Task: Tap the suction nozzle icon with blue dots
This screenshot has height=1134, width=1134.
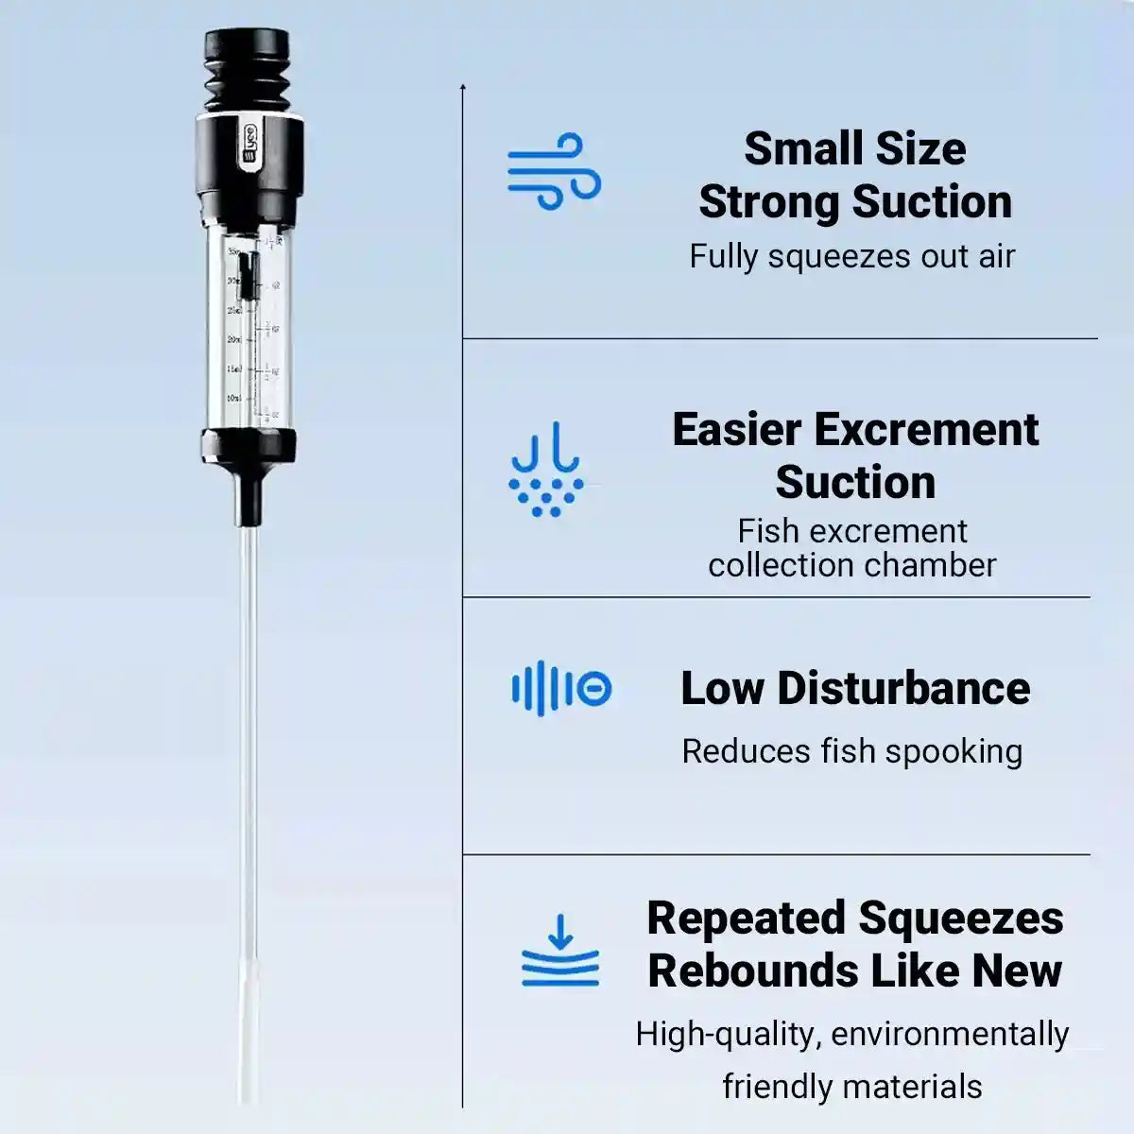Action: pos(545,470)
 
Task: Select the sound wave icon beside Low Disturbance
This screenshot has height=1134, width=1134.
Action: pos(561,689)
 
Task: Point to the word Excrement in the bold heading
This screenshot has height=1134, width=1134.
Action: pos(926,430)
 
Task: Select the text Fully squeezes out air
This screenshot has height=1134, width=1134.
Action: pos(851,256)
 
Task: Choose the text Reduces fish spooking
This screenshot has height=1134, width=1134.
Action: pos(851,751)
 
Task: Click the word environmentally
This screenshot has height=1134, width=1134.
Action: pos(950,1034)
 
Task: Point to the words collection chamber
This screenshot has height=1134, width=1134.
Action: pos(851,565)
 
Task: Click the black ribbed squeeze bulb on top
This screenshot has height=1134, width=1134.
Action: pos(247,72)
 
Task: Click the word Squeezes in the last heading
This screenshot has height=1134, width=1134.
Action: pos(961,919)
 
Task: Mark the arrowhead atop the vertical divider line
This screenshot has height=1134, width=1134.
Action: pos(463,88)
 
